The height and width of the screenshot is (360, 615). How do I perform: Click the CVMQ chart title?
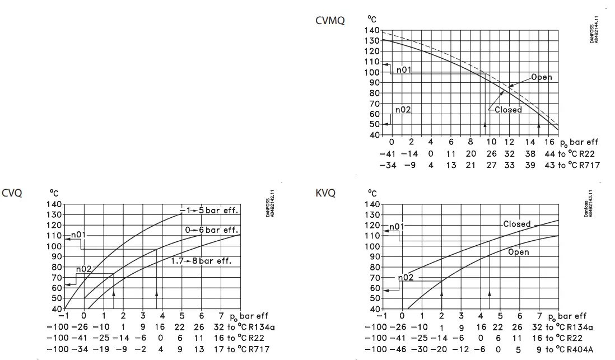point(329,21)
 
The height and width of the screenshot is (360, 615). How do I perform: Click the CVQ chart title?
point(12,193)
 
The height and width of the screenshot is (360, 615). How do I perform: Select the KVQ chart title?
point(325,193)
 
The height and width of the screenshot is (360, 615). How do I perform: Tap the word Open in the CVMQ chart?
point(541,77)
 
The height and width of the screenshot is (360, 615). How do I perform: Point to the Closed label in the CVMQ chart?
point(508,110)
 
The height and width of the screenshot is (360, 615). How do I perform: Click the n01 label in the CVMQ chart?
point(404,70)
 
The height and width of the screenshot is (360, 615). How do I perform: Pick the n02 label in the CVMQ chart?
point(403,110)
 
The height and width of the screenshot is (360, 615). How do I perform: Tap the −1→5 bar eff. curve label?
point(209,211)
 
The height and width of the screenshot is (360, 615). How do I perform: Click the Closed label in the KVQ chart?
point(516,224)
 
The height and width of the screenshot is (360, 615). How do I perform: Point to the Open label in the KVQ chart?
point(518,252)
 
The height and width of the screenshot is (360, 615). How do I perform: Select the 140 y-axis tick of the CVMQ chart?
point(372,30)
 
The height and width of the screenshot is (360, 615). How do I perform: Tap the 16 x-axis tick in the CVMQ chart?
point(549,142)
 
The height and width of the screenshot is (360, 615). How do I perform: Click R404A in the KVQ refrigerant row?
point(580,349)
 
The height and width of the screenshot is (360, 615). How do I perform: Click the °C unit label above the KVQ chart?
point(372,193)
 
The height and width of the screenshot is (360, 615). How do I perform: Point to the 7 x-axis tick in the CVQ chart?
point(221,316)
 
